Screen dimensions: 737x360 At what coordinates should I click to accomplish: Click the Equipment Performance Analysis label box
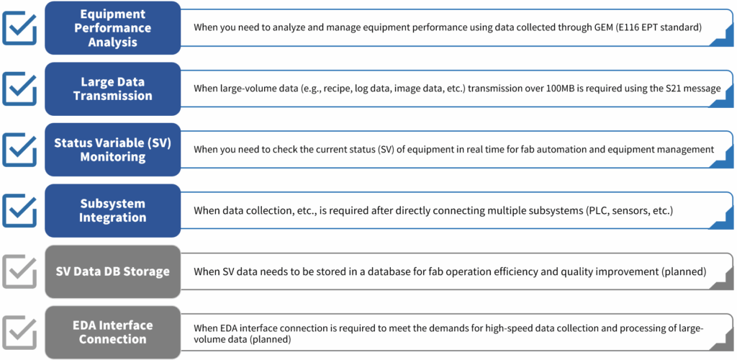113,28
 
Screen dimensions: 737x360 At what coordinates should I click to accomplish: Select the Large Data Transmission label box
113,89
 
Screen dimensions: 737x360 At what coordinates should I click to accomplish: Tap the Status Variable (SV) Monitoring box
113,150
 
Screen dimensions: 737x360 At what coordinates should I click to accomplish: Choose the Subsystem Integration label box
113,210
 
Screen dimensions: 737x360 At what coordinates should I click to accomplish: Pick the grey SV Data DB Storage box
113,271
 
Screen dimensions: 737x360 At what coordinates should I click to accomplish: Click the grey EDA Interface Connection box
113,332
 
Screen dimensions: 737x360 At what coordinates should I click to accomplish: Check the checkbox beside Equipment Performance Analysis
19,28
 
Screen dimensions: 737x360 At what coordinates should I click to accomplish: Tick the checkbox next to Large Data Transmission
19,89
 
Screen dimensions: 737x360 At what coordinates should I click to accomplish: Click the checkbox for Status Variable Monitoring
19,150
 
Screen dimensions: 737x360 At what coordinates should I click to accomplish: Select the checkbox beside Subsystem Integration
19,210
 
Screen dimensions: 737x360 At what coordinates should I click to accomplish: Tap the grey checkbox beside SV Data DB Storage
19,271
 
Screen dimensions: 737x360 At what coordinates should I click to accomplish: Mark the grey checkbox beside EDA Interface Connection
19,333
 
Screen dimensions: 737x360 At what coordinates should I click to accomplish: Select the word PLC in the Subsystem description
595,210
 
